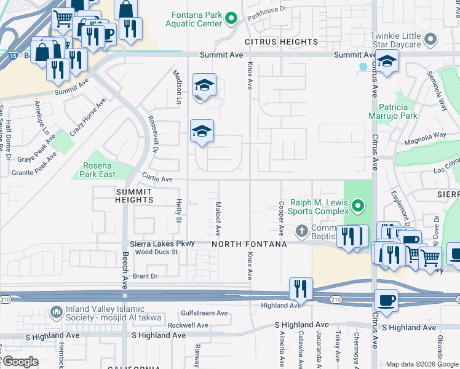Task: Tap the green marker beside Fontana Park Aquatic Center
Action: tap(231, 18)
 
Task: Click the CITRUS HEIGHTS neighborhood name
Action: tap(281, 42)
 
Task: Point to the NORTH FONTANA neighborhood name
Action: tap(249, 244)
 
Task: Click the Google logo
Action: tap(21, 361)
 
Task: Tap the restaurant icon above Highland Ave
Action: tap(301, 288)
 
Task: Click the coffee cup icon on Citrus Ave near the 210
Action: tap(386, 300)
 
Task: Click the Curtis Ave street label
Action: tap(157, 180)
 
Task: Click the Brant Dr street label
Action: tap(145, 277)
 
